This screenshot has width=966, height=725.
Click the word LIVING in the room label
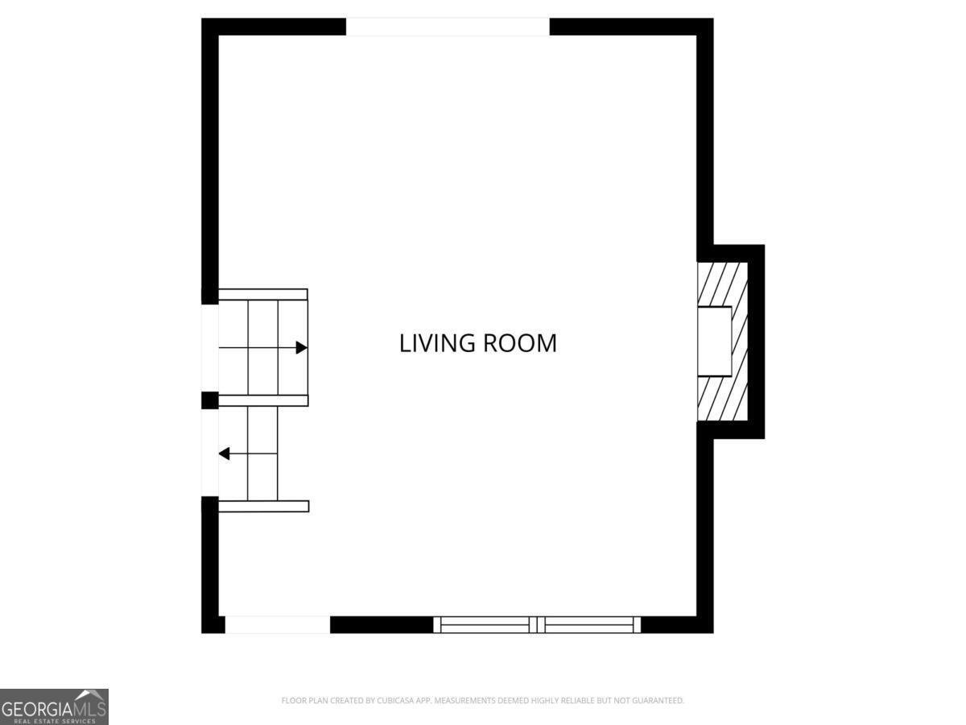[x=437, y=343]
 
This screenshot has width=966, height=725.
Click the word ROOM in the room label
[x=520, y=343]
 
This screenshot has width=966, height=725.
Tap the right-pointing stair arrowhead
[x=301, y=348]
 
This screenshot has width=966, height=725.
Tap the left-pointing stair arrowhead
[x=225, y=454]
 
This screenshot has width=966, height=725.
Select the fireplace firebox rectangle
[x=714, y=341]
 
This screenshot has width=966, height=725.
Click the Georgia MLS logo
[x=54, y=706]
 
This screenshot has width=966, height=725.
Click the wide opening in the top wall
[x=448, y=27]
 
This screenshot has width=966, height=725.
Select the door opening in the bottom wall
[x=277, y=625]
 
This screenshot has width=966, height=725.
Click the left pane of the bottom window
[x=485, y=625]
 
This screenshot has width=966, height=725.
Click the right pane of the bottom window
[x=588, y=625]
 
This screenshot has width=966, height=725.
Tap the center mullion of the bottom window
[x=537, y=625]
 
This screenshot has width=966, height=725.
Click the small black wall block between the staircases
[x=210, y=400]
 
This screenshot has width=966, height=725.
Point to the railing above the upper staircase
[x=263, y=295]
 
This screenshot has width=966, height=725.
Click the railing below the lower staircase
[x=263, y=506]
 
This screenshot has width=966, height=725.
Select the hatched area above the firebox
[x=722, y=284]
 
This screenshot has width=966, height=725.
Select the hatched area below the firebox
[x=722, y=399]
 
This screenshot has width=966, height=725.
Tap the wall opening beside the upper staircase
[x=210, y=348]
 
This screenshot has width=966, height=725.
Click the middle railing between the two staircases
[x=263, y=400]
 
